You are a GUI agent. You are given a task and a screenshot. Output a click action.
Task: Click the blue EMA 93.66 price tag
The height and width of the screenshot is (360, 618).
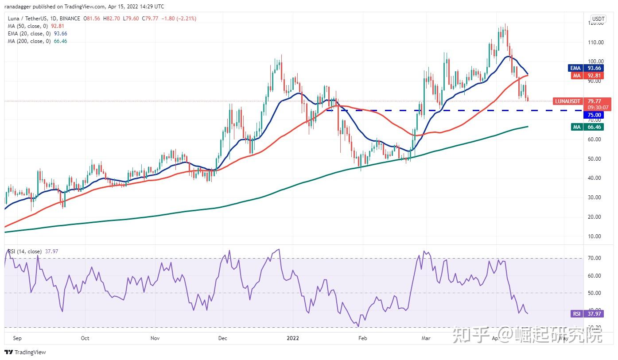tap(585, 68)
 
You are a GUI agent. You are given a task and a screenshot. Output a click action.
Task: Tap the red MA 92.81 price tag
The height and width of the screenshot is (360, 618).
tap(585, 76)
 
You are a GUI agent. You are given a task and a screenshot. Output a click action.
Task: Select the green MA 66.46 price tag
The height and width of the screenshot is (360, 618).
tap(585, 127)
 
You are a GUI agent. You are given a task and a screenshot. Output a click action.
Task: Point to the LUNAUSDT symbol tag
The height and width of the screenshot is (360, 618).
tap(567, 101)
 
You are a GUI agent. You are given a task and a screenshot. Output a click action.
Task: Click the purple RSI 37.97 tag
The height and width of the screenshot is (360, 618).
tap(585, 314)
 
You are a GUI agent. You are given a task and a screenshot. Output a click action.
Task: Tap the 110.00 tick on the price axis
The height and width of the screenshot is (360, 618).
tap(596, 43)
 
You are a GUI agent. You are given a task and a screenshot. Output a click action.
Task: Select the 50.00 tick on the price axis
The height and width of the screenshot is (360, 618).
tap(596, 159)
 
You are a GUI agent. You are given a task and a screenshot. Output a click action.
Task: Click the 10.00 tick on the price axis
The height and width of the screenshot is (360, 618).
tap(596, 236)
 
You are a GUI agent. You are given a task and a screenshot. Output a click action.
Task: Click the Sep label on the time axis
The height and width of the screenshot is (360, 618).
tap(18, 338)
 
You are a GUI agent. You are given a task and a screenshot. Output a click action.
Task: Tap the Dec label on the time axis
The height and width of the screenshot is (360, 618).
tap(223, 338)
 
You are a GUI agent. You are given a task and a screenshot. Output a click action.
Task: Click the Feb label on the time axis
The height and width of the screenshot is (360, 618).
tap(362, 338)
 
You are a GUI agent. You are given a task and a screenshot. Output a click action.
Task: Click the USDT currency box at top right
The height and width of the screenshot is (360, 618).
tap(599, 19)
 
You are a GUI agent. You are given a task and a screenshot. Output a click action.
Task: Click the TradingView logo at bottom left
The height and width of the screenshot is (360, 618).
tap(25, 352)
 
